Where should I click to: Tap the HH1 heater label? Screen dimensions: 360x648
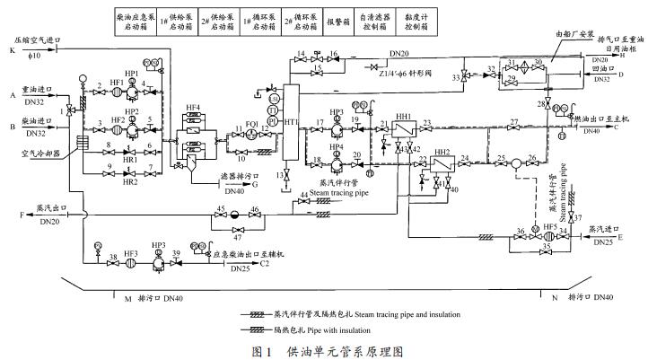pos(403,118)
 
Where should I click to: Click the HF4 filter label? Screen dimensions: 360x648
pos(192,109)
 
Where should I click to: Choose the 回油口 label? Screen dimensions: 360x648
pos(603,68)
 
